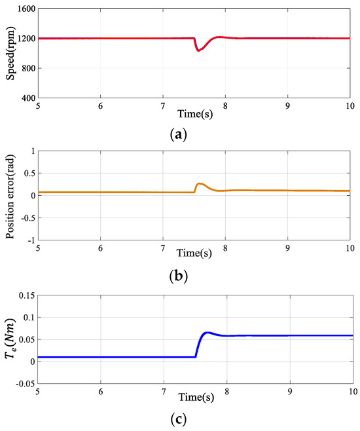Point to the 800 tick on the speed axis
tap(26, 68)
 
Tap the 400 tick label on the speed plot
tap(26, 98)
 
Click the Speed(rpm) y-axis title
tap(11, 54)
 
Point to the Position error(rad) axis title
tap(11, 195)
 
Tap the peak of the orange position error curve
tap(200, 183)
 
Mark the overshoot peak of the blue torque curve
tap(207, 333)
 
